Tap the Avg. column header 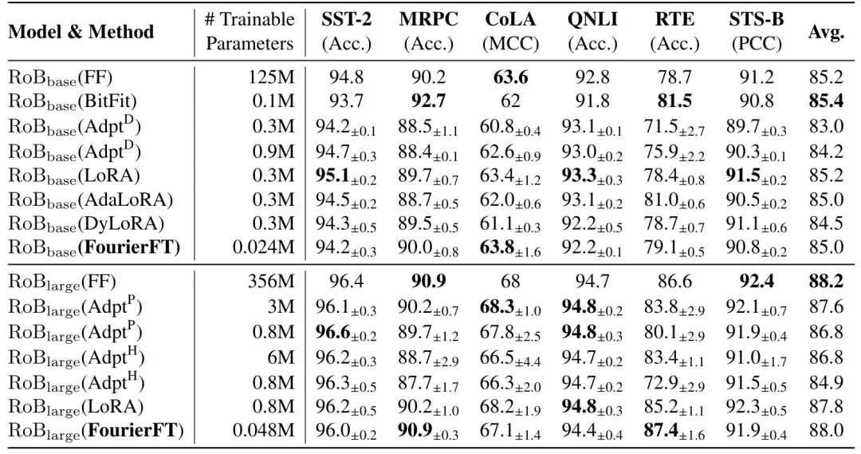pyautogui.click(x=826, y=31)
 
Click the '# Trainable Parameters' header pyautogui.click(x=249, y=30)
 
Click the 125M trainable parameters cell pyautogui.click(x=273, y=78)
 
